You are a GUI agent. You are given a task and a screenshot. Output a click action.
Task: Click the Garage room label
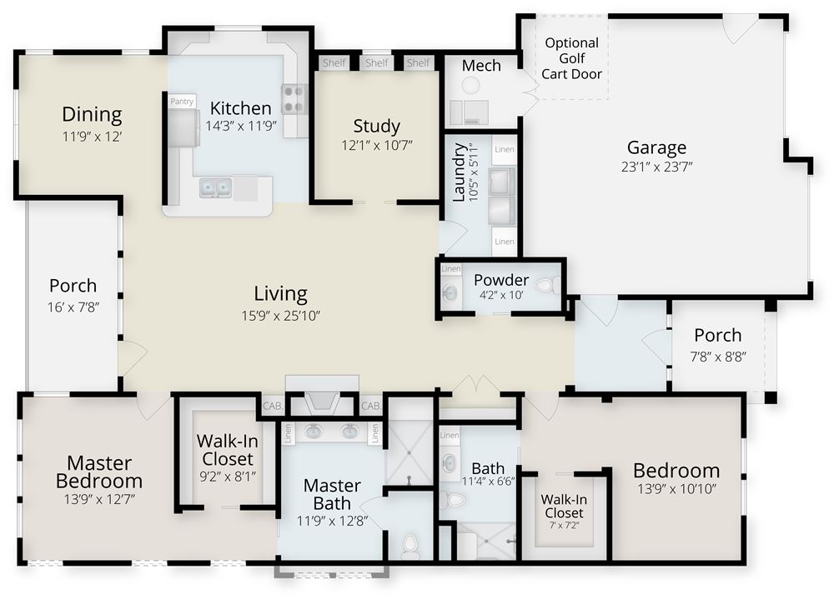(656, 148)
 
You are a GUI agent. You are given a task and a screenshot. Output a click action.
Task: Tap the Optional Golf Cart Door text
(571, 58)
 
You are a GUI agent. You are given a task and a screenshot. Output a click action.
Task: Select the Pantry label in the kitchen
(182, 102)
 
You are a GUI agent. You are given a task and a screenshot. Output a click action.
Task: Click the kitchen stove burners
(293, 98)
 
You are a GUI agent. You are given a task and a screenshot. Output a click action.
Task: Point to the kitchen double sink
(215, 188)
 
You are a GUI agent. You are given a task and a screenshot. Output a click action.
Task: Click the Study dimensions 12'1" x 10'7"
(377, 145)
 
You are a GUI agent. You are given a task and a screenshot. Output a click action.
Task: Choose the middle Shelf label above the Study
(377, 62)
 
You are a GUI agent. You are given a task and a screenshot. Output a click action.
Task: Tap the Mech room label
(481, 66)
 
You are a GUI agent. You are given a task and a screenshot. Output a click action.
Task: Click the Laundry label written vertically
(460, 172)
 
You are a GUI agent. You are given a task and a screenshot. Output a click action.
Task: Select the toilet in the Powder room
(545, 286)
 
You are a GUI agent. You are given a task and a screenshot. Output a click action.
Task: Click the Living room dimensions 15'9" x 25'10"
(280, 314)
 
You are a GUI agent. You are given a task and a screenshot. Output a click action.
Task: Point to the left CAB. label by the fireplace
(273, 407)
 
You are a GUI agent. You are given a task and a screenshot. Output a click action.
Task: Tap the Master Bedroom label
(98, 472)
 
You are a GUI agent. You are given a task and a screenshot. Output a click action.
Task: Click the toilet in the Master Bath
(409, 547)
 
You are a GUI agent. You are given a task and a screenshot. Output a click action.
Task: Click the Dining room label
(92, 114)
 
